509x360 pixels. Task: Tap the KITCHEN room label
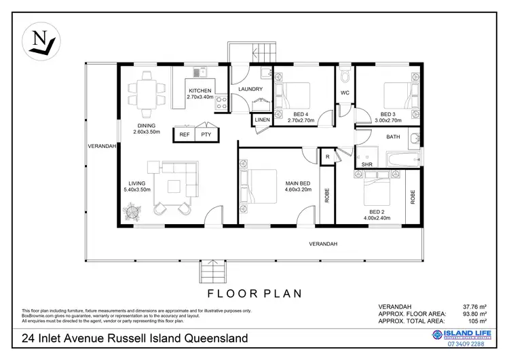200,91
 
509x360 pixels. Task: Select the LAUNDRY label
250,89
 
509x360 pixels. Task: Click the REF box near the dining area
185,134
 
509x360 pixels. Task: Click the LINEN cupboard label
262,120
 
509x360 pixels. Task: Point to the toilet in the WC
344,74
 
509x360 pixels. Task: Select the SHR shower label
366,164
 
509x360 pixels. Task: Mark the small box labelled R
327,157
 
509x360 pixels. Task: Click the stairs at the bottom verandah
211,274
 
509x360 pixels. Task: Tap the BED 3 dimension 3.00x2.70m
388,120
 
